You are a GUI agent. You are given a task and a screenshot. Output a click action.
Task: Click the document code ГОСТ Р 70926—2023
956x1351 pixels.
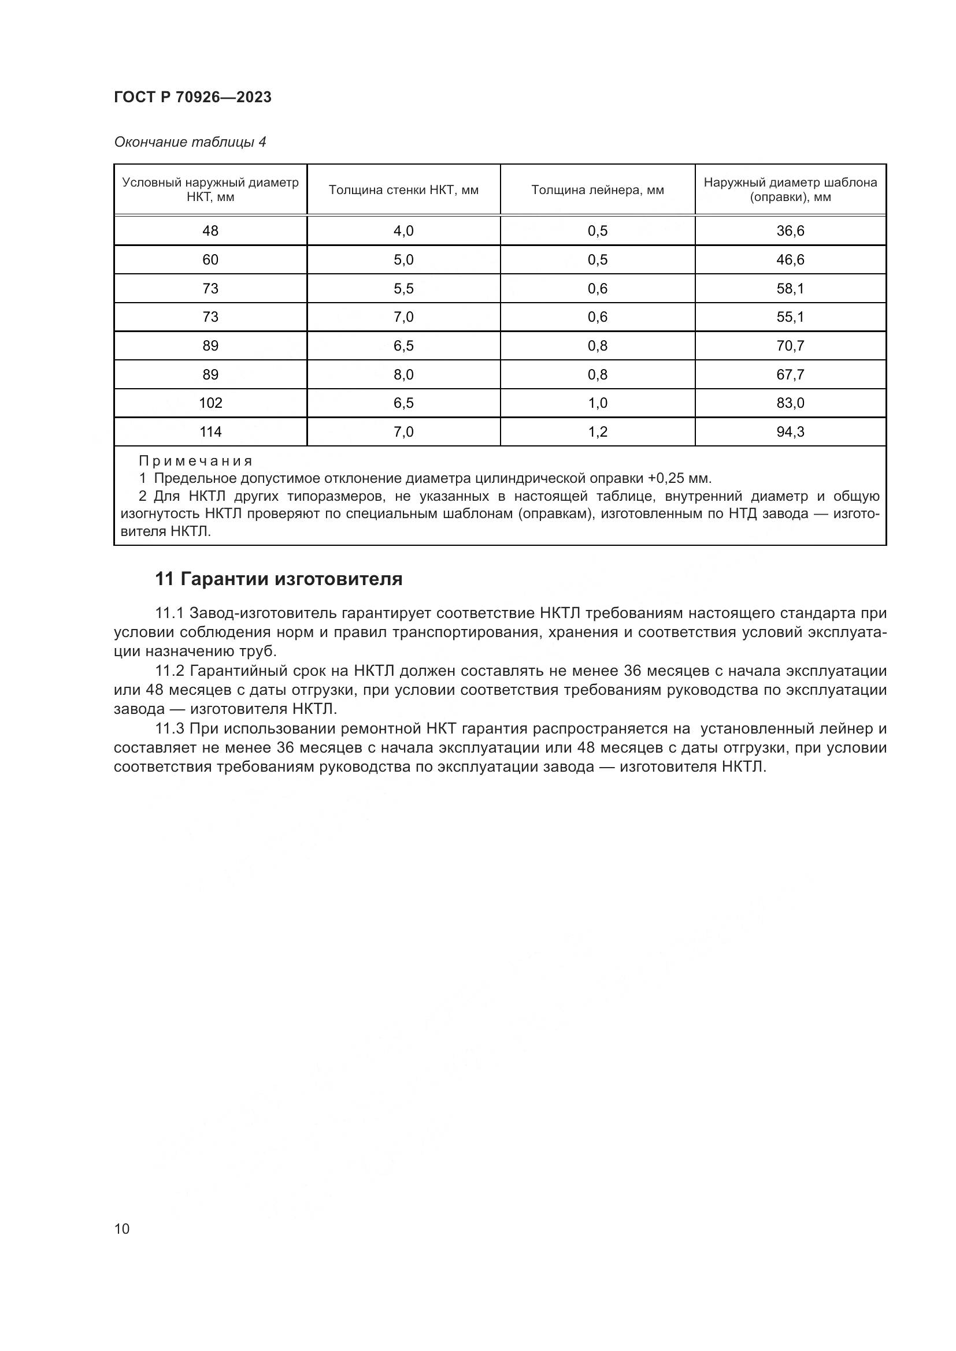[x=192, y=97]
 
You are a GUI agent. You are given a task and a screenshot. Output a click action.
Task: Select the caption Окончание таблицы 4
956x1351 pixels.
[x=190, y=142]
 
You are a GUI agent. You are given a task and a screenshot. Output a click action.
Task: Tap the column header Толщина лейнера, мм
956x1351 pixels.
[x=597, y=190]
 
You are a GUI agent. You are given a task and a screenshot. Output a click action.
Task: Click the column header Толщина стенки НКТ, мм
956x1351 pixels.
[x=403, y=190]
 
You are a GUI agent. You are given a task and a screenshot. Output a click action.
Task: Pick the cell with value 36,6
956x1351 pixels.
[x=790, y=230]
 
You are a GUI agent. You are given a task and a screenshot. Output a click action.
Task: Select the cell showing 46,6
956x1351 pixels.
[x=790, y=259]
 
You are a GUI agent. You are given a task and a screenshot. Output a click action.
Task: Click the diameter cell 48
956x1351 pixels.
[x=210, y=230]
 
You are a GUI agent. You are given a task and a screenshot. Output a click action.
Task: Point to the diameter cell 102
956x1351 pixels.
[x=210, y=403]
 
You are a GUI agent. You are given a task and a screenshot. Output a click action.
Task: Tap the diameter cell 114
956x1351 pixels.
[x=210, y=432]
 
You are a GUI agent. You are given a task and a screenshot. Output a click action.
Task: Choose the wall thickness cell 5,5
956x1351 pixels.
[x=403, y=288]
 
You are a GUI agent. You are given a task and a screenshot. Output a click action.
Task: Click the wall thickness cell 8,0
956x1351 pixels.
[x=403, y=375]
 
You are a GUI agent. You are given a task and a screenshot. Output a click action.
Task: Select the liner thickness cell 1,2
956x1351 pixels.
[x=597, y=432]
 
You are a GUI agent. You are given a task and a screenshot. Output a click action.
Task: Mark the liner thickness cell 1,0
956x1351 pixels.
[x=597, y=403]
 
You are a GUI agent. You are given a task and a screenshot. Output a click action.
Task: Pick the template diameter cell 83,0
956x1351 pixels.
[x=790, y=403]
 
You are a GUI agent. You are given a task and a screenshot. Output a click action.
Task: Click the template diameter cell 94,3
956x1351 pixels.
[x=790, y=432]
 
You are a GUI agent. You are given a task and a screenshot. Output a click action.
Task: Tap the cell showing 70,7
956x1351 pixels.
[x=790, y=346]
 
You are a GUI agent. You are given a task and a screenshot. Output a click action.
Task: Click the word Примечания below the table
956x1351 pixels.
[x=195, y=461]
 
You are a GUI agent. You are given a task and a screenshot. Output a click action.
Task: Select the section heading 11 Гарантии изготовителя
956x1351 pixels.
[x=279, y=579]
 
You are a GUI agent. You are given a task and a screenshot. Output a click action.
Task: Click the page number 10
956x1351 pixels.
[x=122, y=1229]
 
